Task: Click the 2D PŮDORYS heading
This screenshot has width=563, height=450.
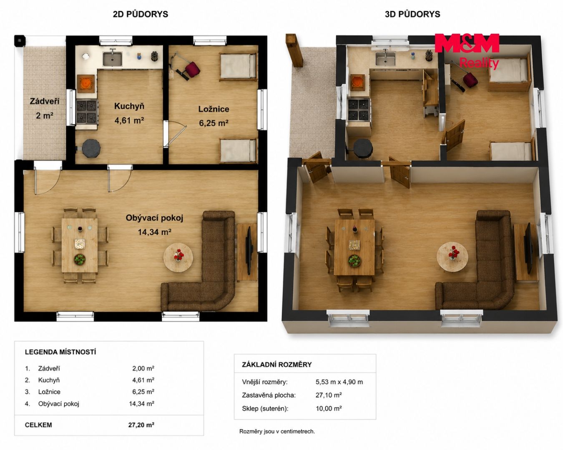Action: pos(141,14)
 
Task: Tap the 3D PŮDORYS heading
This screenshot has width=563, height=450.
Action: pos(412,14)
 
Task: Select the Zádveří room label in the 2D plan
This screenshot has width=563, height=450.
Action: pos(45,101)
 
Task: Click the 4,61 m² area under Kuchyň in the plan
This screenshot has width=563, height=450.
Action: pos(129,120)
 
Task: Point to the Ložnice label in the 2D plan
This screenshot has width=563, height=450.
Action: pos(214,109)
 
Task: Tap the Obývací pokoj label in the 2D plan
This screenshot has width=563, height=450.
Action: pos(154,218)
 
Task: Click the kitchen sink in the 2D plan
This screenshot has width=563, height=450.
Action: pos(112,59)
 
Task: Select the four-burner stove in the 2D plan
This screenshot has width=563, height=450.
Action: pos(87,112)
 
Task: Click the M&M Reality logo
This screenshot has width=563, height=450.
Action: pos(467,51)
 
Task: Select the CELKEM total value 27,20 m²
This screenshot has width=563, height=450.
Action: pos(141,425)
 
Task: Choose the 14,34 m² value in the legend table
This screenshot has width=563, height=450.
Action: pos(141,404)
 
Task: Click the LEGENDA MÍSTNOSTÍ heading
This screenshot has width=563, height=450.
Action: pos(60,352)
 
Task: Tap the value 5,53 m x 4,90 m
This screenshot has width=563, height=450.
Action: pos(339,382)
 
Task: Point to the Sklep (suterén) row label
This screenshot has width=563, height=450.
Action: pos(265,408)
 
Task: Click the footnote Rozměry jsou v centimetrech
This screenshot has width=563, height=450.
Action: pos(277,431)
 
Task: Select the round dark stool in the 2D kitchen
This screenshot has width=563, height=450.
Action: pos(91,148)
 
